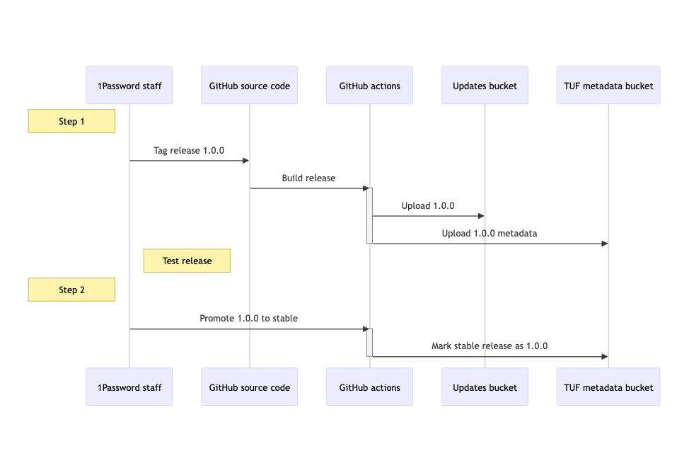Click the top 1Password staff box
tap(129, 86)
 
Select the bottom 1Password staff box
tap(129, 387)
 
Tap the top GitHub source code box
tap(249, 86)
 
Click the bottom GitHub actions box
tap(369, 387)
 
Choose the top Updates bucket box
tap(485, 86)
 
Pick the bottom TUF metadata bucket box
tap(608, 387)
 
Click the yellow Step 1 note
tap(71, 122)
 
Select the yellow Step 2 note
tap(71, 290)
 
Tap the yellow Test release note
tap(187, 261)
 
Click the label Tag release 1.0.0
tap(189, 150)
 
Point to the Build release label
tap(308, 178)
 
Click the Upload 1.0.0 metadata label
tap(490, 233)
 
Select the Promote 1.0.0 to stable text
tap(248, 318)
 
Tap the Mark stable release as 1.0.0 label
tap(490, 346)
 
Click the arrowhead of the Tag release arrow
tap(245, 161)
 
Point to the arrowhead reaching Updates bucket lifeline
tap(481, 216)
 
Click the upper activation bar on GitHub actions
tap(369, 215)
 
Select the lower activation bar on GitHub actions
tap(369, 342)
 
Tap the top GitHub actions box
tap(369, 86)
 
